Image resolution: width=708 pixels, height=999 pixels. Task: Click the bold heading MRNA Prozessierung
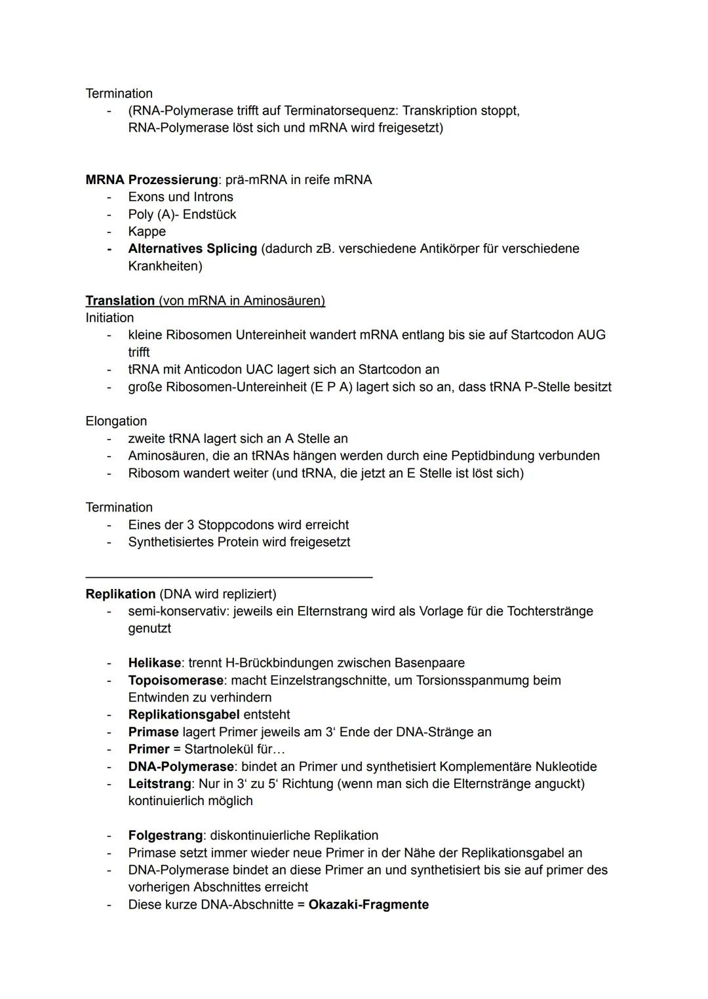click(151, 179)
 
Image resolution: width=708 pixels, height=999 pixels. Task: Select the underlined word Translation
click(120, 301)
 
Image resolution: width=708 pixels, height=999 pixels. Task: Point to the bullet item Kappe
click(147, 231)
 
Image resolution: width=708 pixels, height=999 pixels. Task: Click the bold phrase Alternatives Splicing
click(192, 249)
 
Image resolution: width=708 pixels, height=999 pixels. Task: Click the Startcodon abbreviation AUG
click(591, 335)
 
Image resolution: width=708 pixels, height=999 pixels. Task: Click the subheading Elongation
click(116, 421)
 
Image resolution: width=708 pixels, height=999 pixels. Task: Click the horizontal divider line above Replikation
click(229, 576)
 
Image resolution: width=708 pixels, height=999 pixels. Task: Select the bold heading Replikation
click(121, 594)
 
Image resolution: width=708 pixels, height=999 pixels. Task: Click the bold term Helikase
click(154, 663)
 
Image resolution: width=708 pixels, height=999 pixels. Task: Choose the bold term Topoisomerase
click(176, 680)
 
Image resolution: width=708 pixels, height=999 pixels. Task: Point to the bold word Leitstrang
click(159, 783)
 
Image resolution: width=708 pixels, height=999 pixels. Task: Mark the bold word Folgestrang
click(165, 835)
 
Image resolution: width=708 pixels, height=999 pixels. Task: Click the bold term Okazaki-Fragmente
click(368, 905)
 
